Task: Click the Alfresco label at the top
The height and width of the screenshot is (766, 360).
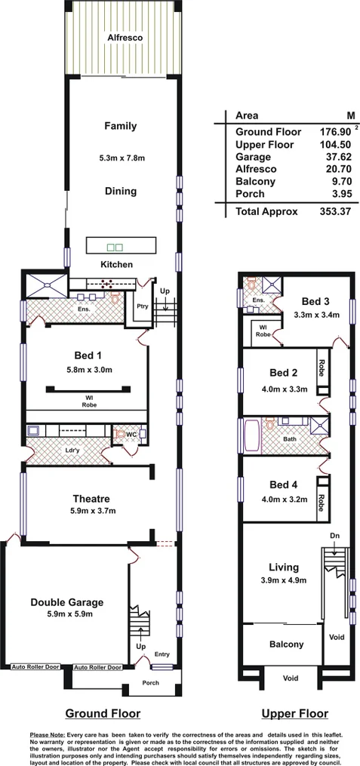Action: (x=125, y=36)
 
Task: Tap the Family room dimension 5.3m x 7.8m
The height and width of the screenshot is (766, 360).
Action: (x=122, y=158)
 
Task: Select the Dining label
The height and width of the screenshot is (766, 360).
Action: (x=121, y=192)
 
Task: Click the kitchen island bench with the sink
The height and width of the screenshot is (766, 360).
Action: (x=121, y=246)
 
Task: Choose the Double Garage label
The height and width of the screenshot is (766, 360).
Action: (x=66, y=601)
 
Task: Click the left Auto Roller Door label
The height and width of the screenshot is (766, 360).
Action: (x=35, y=667)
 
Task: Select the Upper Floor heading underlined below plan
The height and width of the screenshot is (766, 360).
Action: (x=294, y=713)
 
